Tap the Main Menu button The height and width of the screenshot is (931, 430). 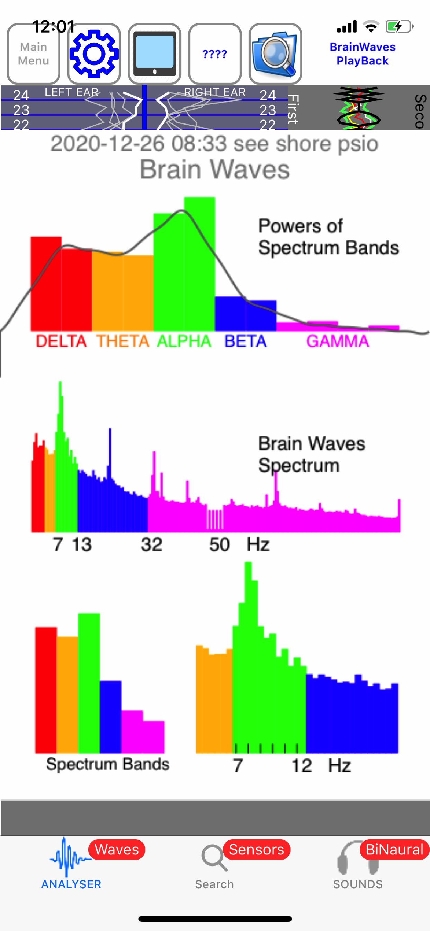[x=33, y=54]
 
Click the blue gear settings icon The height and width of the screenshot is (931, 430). [x=94, y=54]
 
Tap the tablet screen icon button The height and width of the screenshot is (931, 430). [x=154, y=54]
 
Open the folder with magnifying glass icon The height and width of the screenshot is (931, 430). [x=275, y=54]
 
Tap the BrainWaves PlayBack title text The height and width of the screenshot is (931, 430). [x=362, y=54]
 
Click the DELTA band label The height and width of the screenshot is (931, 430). [x=61, y=341]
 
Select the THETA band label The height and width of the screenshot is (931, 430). [x=123, y=341]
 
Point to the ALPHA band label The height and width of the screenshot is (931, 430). [x=184, y=341]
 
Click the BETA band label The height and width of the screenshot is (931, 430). [x=245, y=341]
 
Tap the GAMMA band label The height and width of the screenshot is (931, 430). [x=338, y=341]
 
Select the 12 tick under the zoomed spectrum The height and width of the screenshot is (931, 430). [x=302, y=765]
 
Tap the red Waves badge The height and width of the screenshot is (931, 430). [x=117, y=849]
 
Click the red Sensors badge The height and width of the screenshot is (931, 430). [x=257, y=849]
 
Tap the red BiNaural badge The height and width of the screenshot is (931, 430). [x=394, y=849]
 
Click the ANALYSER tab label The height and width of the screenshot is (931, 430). [x=71, y=884]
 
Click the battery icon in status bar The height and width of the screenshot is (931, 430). [x=399, y=27]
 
